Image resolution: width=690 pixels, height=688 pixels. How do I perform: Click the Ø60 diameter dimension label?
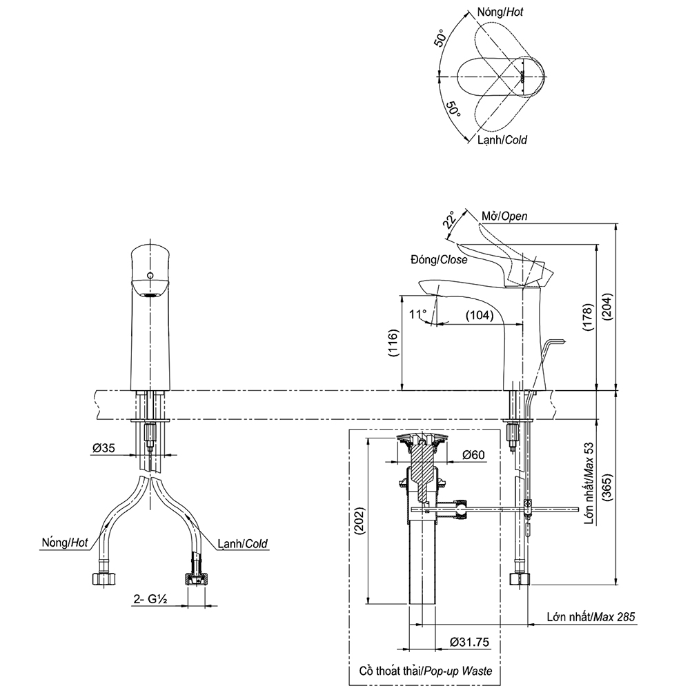tap(475, 455)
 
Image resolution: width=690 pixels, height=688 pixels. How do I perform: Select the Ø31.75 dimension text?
tap(469, 643)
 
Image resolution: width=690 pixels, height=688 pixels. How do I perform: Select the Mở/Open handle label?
tap(504, 216)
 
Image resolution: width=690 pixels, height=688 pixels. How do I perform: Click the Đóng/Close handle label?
tap(438, 260)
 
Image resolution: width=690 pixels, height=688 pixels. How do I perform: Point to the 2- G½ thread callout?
tap(151, 599)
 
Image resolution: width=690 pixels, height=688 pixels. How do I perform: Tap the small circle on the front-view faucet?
tap(150, 276)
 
